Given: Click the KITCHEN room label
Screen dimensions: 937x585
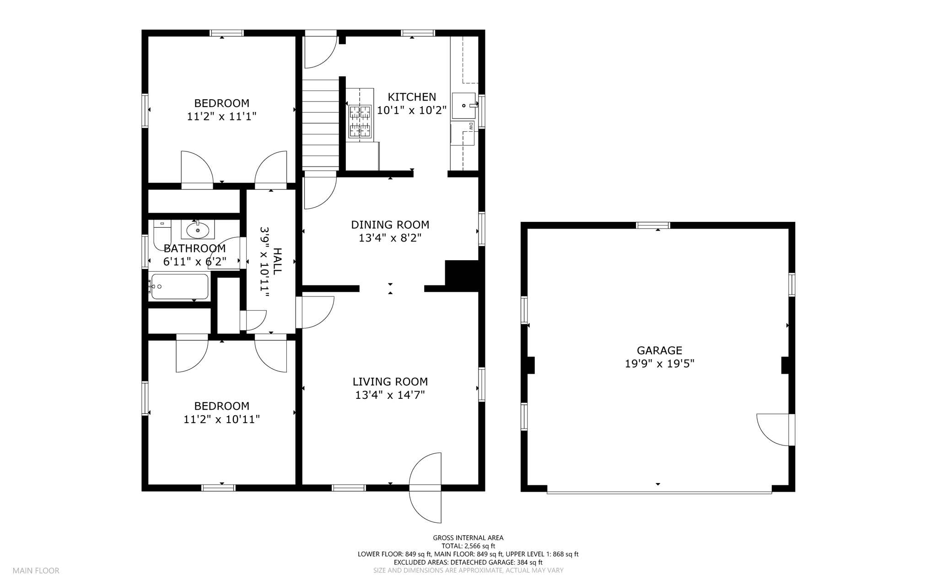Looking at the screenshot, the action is click(x=412, y=97).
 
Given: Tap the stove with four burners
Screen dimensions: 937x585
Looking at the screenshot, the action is click(x=360, y=121).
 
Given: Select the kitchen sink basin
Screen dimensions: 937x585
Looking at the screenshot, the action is click(x=463, y=106).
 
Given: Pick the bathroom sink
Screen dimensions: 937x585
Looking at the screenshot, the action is click(x=198, y=230).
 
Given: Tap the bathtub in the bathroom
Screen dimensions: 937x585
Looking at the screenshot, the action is click(x=180, y=286).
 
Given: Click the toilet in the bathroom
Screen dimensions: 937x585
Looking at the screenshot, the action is click(x=162, y=234).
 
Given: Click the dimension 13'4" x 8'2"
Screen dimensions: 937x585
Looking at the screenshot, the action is click(x=390, y=238).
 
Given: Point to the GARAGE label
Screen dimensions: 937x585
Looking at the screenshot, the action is click(x=659, y=350).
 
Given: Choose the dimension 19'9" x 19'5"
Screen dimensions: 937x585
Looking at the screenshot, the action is click(x=659, y=364).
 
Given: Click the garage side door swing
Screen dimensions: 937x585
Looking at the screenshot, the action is click(x=773, y=429).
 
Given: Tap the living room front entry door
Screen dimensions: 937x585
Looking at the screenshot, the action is click(x=425, y=488).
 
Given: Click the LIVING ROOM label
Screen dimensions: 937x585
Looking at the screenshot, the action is click(x=390, y=381).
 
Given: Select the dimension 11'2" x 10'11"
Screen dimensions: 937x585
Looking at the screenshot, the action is click(x=221, y=419).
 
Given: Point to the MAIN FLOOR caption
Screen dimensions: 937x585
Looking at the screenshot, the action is click(x=36, y=570).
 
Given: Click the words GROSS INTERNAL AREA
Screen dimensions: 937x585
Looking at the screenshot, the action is click(x=468, y=538).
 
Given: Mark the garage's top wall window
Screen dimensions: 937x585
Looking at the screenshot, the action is click(x=653, y=225).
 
